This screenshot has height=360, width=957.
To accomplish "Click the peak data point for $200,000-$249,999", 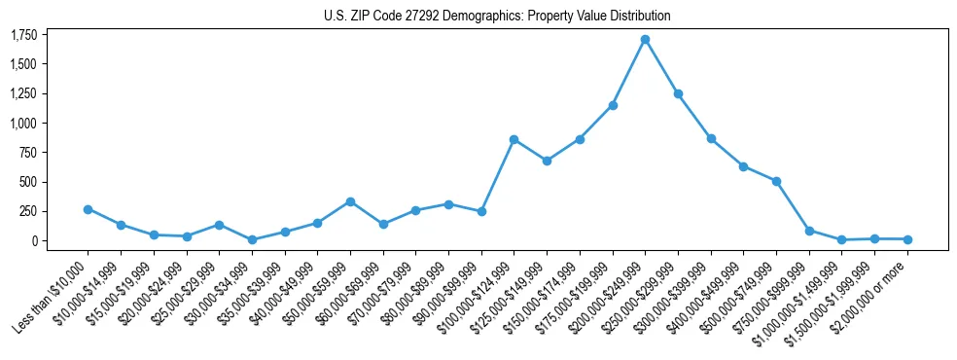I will click(645, 40).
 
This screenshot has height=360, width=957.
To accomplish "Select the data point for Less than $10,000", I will click(88, 209).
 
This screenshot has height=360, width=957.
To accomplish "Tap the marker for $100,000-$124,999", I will click(514, 139).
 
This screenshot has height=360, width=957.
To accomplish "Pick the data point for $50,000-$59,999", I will click(350, 201).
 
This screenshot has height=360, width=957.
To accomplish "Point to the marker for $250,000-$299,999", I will click(678, 93).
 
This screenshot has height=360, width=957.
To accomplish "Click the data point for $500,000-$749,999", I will click(776, 181).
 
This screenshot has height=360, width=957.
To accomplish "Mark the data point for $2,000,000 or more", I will click(907, 239).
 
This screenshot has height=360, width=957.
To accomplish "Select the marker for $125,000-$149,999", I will click(547, 161).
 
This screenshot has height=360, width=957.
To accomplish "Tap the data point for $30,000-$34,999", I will click(252, 239).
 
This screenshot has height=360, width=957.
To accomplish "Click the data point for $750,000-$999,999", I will click(809, 231).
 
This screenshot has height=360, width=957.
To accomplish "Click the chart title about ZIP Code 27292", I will click(497, 17).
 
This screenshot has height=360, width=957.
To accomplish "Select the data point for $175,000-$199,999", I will click(612, 105).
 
